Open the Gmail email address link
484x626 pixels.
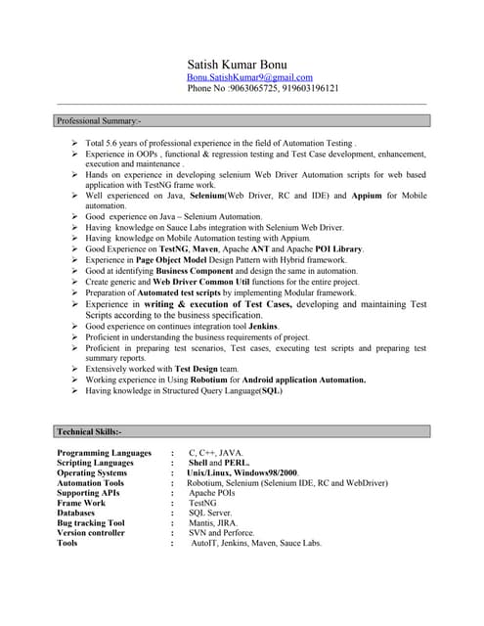[x=249, y=77]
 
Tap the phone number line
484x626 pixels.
[x=263, y=88]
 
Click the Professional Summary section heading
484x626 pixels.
[x=99, y=121]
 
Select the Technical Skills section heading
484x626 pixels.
[x=89, y=431]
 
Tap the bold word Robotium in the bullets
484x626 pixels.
[x=209, y=380]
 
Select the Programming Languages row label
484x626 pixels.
[x=105, y=453]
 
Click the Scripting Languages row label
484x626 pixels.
[x=95, y=463]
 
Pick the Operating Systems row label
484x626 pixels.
[x=92, y=473]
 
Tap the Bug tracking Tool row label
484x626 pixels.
[x=91, y=523]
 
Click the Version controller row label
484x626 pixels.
[x=91, y=533]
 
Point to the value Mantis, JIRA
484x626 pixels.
[x=213, y=523]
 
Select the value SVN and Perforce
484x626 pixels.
[x=222, y=533]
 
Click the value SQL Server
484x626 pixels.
[x=210, y=514]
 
